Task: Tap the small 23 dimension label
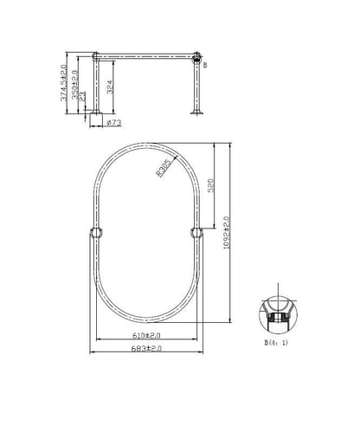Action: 82,100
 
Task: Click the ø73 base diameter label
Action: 112,123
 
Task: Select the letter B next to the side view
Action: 204,64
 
